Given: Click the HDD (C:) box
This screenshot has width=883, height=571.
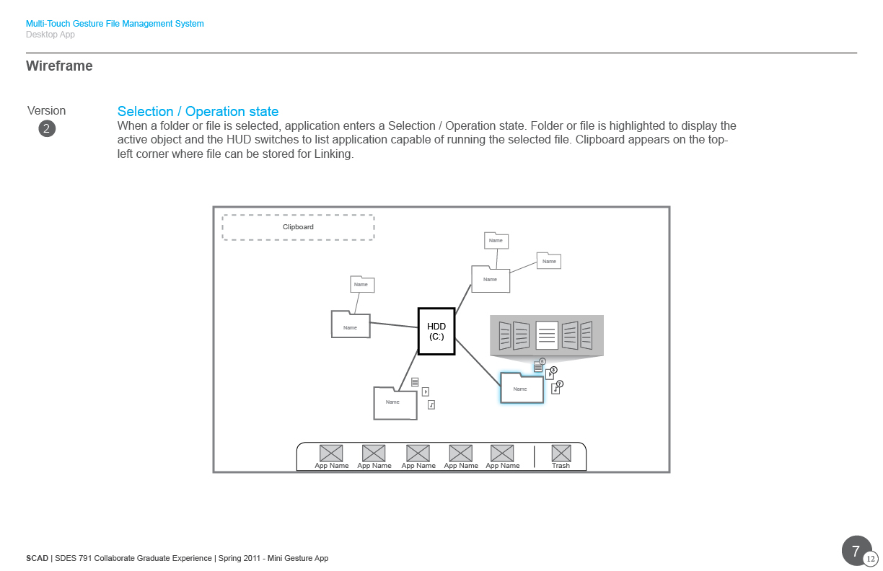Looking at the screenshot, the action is click(x=436, y=332).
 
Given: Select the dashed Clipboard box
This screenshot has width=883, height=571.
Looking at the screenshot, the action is click(x=298, y=227).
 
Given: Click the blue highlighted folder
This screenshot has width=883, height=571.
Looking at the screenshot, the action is click(x=522, y=388).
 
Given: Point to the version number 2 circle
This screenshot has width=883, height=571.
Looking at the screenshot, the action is click(x=47, y=129).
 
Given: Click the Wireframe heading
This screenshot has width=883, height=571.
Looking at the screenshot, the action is click(x=59, y=66).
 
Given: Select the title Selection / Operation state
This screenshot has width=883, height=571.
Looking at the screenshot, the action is click(x=198, y=112).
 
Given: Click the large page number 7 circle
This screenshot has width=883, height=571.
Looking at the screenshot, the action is click(x=856, y=551).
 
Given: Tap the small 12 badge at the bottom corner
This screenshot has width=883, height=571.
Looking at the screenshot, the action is click(x=871, y=559).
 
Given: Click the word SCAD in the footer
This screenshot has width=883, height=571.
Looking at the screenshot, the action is click(x=37, y=558).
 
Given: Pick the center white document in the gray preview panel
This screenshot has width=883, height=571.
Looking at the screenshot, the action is click(x=547, y=335).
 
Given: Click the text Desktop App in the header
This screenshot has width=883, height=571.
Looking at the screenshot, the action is click(x=50, y=35).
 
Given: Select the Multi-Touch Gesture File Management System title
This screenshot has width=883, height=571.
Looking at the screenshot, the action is click(x=115, y=24).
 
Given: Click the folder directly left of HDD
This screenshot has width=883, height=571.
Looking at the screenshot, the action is click(x=351, y=324).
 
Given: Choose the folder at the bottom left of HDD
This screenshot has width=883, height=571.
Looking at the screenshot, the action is click(x=395, y=403).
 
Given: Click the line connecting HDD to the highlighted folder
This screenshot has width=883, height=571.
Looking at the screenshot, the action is click(x=478, y=362).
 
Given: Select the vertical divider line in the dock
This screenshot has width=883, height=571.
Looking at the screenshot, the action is click(x=534, y=456).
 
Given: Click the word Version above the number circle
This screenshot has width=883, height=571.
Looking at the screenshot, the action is click(x=46, y=111).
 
